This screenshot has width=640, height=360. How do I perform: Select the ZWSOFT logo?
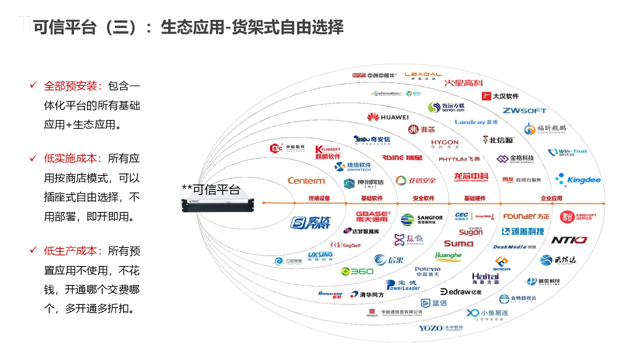tap(524, 110)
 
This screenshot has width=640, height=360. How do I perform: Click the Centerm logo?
tap(306, 180)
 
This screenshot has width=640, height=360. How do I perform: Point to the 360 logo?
tap(357, 271)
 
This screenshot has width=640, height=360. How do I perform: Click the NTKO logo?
tap(569, 240)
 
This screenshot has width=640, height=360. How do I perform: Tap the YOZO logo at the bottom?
tap(441, 328)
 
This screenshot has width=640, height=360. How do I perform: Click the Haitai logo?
tap(485, 278)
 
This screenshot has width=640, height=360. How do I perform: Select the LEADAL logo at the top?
tap(423, 76)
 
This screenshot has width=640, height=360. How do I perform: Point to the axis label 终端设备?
tap(319, 198)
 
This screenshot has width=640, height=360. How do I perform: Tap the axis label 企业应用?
tap(551, 198)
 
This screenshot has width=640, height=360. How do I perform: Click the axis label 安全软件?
tap(423, 198)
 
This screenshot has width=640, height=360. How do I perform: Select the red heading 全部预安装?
tap(73, 86)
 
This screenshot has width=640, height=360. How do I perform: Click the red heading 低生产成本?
tap(73, 251)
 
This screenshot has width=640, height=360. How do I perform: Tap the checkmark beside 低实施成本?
tap(33, 158)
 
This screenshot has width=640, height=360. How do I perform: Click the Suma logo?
tap(458, 243)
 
